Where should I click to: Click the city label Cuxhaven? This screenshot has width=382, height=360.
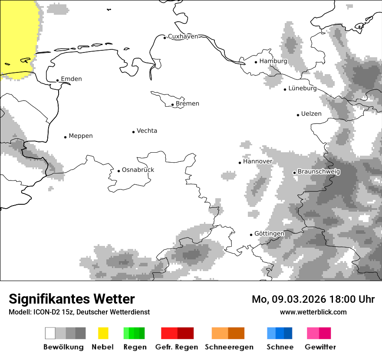point(183,36)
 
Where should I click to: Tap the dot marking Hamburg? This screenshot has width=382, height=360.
point(256,62)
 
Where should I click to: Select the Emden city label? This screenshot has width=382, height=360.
point(71,79)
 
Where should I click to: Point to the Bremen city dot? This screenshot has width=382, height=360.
point(173,105)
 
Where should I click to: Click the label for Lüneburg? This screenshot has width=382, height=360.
point(303,88)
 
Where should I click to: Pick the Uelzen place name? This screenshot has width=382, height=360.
point(311,114)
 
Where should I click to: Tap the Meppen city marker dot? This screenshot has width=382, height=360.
point(66,137)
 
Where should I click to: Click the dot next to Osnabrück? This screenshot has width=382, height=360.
point(119,171)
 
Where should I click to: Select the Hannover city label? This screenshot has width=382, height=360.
point(257,161)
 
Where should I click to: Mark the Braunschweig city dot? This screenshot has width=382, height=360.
point(295,173)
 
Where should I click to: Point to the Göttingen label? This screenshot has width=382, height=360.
point(269,234)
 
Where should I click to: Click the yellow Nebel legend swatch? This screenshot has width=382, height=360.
point(103,333)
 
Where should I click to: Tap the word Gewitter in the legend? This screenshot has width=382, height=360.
point(320,347)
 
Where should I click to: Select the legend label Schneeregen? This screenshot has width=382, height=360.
point(229,347)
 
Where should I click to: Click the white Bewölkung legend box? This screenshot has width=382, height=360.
point(50,333)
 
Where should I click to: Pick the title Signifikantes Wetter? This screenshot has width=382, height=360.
point(72,299)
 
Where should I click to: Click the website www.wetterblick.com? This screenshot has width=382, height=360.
point(313,312)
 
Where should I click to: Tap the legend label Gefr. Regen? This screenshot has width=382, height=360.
point(177,347)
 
